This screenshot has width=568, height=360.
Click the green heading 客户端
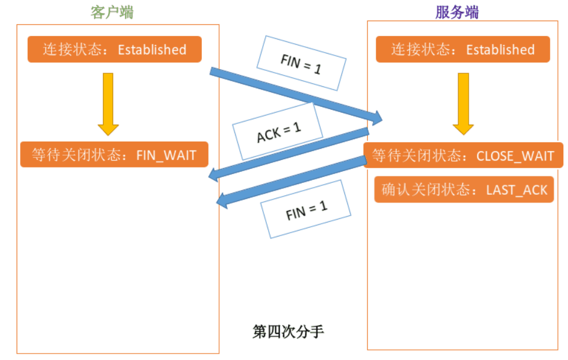point(112,12)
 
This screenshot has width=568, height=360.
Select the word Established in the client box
point(152,50)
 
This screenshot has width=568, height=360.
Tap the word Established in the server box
point(500,50)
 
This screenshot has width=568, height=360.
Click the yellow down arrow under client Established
point(108,103)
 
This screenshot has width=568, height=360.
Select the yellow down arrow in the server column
point(463,103)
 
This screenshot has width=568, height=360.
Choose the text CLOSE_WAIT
point(515,156)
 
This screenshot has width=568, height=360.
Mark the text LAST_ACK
point(517,190)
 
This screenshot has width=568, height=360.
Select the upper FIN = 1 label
point(301,63)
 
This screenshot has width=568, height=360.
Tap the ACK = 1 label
point(278,132)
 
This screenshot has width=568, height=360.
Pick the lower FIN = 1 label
point(306,209)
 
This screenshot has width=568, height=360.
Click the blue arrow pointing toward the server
point(295,94)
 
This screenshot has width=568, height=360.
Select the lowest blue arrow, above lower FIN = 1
point(292,179)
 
